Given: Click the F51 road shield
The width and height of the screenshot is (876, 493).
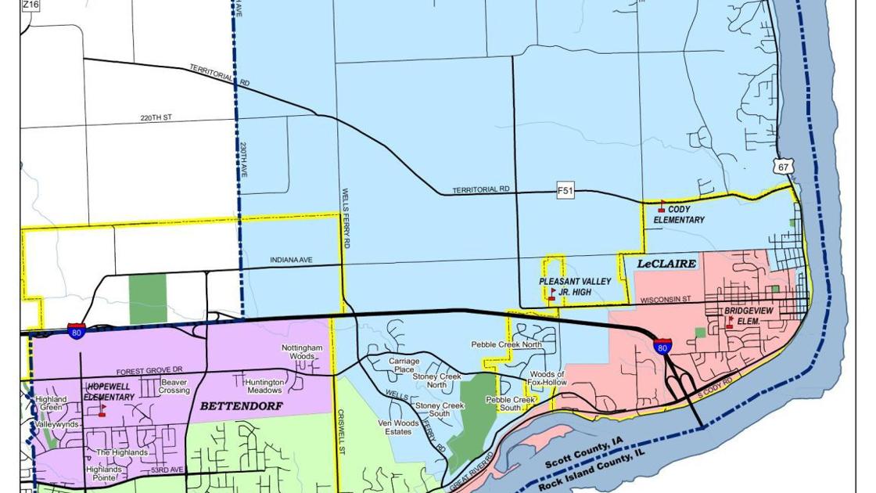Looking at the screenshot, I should tap(565, 190).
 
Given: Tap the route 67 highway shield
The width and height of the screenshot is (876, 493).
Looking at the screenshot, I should tap(785, 167).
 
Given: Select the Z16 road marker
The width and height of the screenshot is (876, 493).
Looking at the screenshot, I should tap(30, 5).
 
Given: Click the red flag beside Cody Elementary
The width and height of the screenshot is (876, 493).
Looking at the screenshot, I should tap(662, 207).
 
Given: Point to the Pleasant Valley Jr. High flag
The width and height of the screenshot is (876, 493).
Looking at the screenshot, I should tap(552, 294).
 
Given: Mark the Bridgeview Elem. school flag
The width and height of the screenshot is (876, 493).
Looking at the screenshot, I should tap(729, 322).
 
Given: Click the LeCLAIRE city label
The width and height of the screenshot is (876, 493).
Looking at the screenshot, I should tap(666, 264).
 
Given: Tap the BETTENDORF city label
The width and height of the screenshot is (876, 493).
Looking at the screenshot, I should tap(242, 406).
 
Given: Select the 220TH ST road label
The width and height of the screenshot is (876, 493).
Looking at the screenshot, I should tap(156, 118).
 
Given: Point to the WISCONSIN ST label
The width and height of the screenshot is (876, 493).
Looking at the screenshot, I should tap(665, 300).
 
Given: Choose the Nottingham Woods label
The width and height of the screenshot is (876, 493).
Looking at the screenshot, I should tap(302, 352).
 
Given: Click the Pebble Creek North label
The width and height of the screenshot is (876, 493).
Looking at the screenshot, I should tap(506, 344).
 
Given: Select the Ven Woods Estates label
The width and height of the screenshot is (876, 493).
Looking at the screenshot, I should tap(399, 427).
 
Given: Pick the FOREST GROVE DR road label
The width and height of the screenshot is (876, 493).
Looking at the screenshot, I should tap(149, 371).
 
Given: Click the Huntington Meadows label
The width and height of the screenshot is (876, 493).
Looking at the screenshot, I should tap(264, 386).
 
